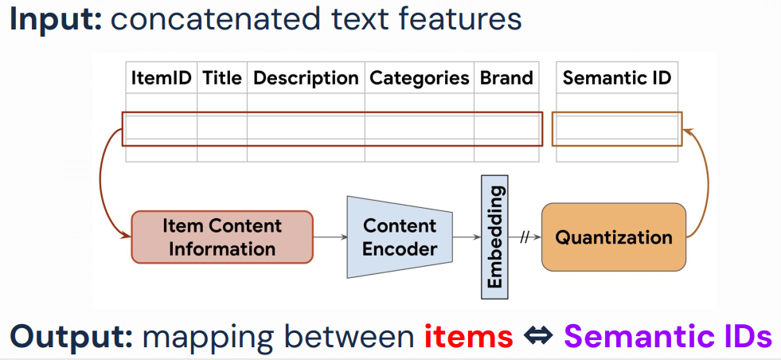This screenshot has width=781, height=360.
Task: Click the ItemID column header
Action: point(161,78)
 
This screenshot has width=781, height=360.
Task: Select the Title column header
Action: point(222,78)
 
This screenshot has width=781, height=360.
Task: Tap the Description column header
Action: point(306,78)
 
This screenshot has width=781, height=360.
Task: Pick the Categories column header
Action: point(420,78)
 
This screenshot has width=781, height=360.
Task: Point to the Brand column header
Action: point(506,78)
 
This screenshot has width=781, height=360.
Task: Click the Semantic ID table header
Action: point(616,78)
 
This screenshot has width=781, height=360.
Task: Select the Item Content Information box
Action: point(221,237)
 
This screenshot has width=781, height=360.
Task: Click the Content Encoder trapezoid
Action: point(400,237)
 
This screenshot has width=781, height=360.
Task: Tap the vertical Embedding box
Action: point(494,237)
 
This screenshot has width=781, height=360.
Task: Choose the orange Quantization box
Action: point(613,237)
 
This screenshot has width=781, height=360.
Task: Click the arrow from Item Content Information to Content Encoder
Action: point(330,237)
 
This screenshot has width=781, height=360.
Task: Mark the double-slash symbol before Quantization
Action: point(525,237)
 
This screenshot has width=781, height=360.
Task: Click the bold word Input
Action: point(56,19)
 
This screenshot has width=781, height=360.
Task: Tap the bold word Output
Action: point(71,336)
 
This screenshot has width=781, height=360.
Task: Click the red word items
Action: point(468,336)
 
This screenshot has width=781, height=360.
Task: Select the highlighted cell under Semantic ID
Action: point(616,129)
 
